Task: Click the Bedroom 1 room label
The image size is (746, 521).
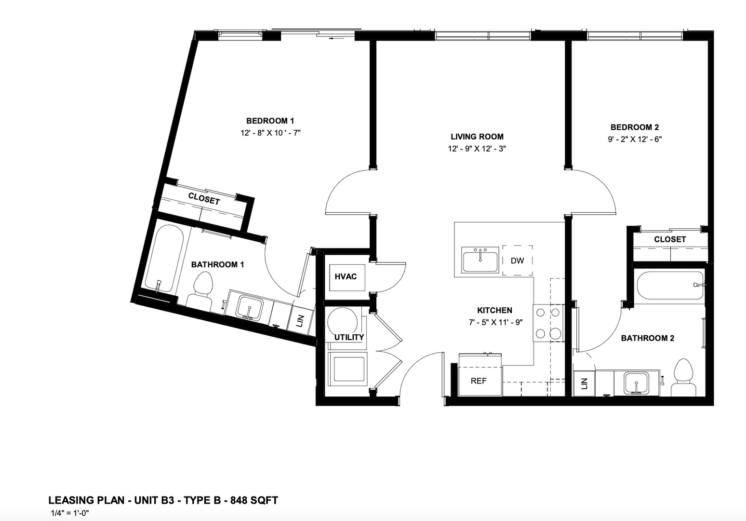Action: pos(270,121)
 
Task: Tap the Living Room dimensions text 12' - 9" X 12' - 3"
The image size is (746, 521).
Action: pos(477,149)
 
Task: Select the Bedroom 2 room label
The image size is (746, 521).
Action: pos(634,127)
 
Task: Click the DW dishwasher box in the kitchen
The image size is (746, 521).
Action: pos(517,260)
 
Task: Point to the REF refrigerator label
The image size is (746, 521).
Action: pos(479,381)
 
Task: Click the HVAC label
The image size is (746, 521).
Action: pos(346,276)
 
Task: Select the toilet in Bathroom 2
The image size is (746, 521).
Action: pos(683,378)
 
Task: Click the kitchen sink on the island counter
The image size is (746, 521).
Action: pos(480,260)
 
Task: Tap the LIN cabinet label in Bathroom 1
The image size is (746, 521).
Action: pos(301,321)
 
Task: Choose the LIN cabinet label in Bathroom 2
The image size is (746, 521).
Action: pos(584,384)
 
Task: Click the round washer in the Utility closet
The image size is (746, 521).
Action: pos(342,322)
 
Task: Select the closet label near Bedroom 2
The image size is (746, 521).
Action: pos(670,239)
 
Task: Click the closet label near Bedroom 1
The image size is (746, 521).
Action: pos(204,199)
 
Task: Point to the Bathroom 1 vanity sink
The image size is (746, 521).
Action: pos(249,308)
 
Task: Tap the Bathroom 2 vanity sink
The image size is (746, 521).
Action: pos(637,384)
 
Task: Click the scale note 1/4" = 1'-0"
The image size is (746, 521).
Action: pos(70,513)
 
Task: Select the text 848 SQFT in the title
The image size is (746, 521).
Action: pos(254,500)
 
